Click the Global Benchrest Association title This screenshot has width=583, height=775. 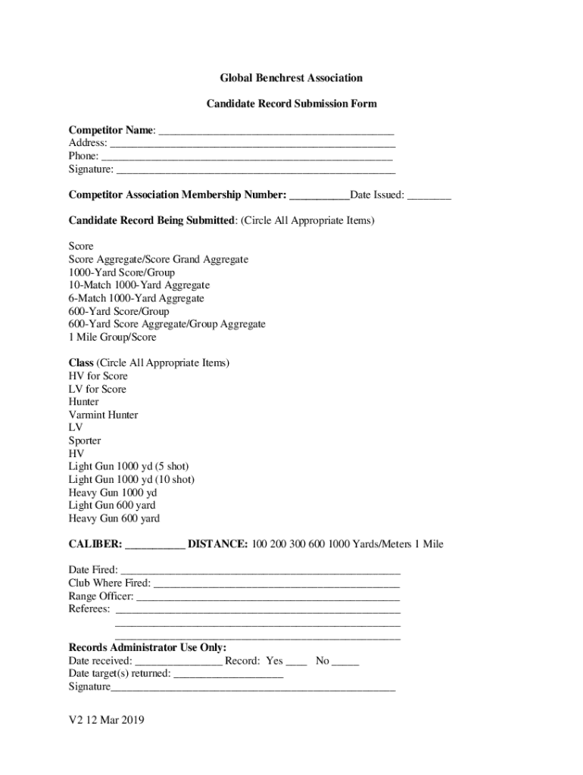click(x=291, y=78)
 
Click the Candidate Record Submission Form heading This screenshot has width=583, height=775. click(x=291, y=104)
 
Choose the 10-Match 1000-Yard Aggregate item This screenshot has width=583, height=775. click(x=139, y=285)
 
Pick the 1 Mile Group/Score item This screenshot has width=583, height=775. click(x=112, y=337)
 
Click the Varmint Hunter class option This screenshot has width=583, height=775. click(x=103, y=415)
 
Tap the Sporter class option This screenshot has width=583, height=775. click(x=85, y=440)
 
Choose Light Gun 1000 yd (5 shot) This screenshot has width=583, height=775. click(x=129, y=466)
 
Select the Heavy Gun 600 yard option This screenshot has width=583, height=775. click(x=114, y=518)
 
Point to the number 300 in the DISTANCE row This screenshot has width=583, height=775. click(x=293, y=544)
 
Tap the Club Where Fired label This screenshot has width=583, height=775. click(x=109, y=583)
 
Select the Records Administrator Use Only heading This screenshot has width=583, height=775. click(x=148, y=648)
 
